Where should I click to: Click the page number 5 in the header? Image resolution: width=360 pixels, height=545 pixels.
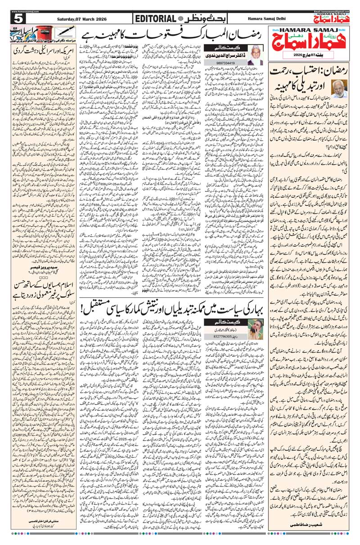18,18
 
